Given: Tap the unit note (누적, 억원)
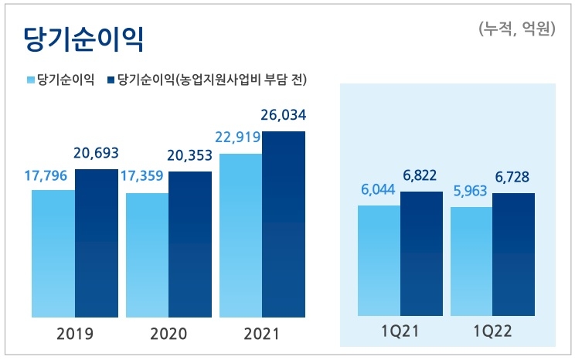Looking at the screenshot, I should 516,29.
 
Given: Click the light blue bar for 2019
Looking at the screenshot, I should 53,253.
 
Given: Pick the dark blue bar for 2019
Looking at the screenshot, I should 97,243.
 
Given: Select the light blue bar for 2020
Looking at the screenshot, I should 147,255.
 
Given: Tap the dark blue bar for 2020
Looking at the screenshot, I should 190,244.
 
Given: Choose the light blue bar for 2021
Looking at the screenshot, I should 241,235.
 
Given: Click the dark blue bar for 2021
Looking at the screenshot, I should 284,224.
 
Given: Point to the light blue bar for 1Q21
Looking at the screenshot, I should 379,260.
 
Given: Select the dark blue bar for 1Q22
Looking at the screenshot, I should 513,254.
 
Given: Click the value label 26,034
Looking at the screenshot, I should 284,116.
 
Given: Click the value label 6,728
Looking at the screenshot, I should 513,178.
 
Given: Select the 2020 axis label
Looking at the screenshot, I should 168,335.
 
